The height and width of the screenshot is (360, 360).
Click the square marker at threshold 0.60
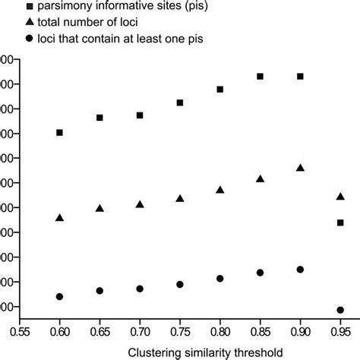[60, 133]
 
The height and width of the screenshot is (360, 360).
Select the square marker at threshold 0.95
[340, 223]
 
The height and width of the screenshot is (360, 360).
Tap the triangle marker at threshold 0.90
[300, 167]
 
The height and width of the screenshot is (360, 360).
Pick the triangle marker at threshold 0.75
[180, 198]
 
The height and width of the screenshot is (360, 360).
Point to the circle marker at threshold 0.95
[340, 310]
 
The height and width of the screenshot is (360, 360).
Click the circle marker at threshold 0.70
[140, 289]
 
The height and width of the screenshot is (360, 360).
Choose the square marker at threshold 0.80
[220, 89]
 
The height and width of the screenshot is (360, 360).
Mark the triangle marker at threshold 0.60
[60, 218]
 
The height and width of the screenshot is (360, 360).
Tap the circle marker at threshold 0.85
[260, 273]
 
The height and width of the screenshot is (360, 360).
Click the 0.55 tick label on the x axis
[20, 332]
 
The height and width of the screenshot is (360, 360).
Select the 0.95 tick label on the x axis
[340, 332]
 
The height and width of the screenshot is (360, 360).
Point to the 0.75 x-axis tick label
[180, 332]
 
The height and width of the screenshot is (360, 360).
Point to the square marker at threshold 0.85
[260, 77]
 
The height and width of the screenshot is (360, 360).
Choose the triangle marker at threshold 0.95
[340, 197]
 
